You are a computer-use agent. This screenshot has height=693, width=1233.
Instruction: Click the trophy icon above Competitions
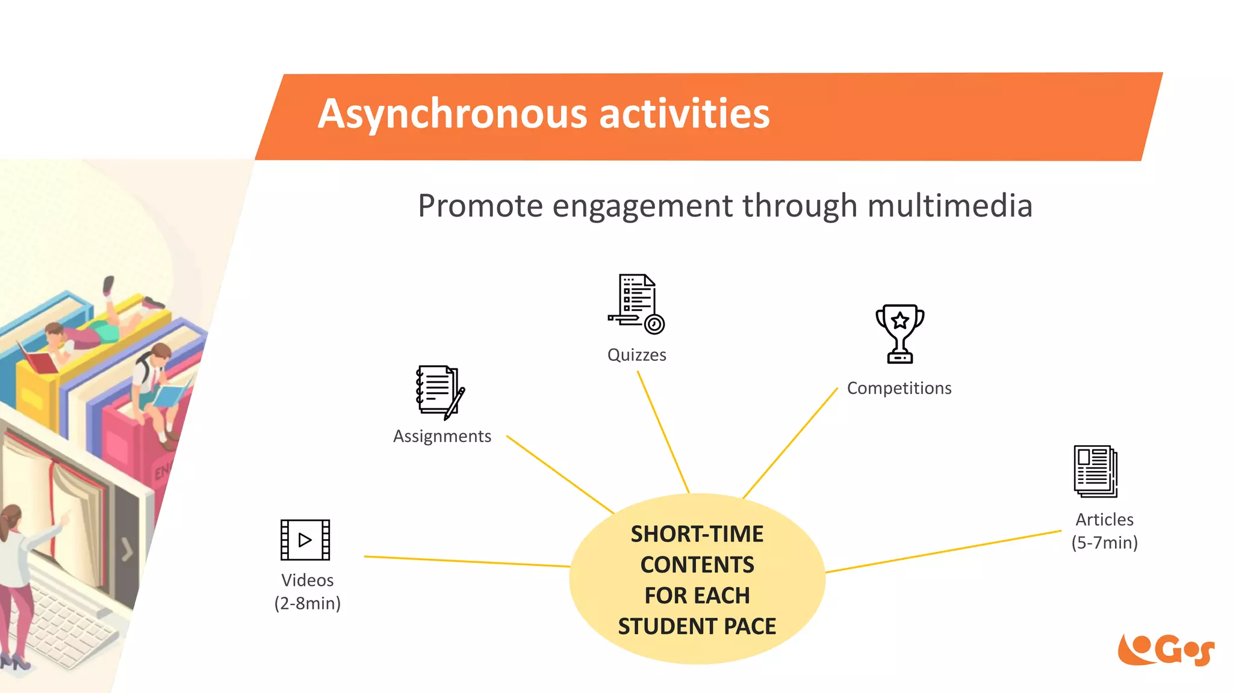point(899,333)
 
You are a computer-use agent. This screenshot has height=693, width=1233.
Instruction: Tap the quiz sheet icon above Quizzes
point(636,303)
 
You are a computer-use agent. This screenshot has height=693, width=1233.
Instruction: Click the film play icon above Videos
point(305,540)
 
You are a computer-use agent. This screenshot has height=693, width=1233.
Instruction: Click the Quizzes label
point(636,355)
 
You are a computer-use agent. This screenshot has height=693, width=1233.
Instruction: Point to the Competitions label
point(899,388)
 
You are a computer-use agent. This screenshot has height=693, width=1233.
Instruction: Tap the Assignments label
point(442,436)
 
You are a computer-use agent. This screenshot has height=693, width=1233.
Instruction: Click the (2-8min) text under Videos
point(307,603)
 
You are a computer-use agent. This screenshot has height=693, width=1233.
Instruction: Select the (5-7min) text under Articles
point(1104,543)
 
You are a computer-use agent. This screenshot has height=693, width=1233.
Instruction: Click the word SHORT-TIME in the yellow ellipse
point(697,534)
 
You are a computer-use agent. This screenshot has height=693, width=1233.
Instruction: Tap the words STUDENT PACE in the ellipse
point(697,626)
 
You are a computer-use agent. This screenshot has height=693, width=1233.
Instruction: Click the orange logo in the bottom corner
point(1166,650)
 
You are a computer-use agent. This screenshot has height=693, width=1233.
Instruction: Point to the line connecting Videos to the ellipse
point(467,561)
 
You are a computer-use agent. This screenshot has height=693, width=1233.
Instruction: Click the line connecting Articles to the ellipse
point(942,552)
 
